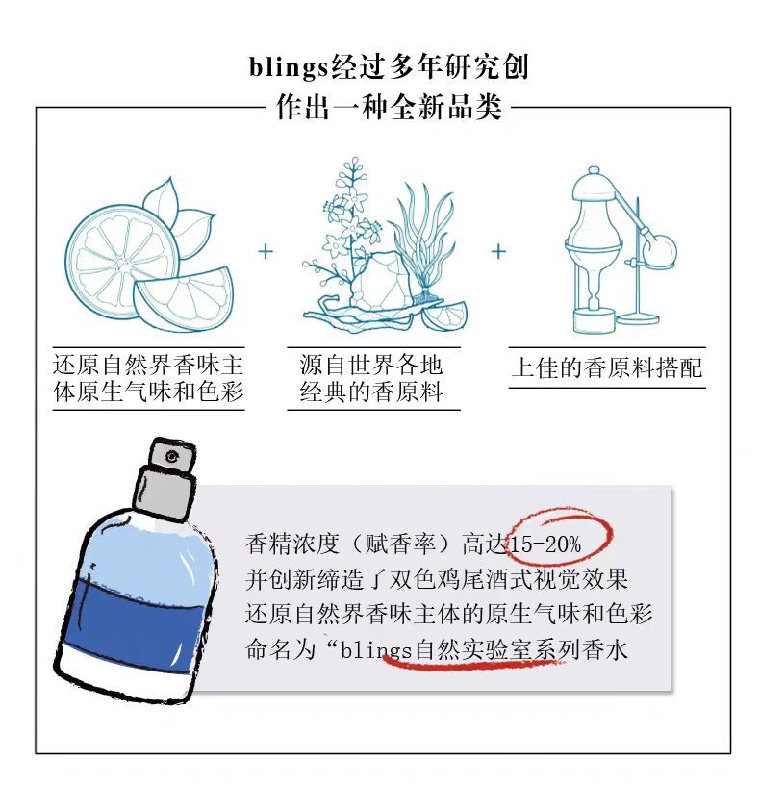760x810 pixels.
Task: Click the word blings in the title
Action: pyautogui.click(x=289, y=67)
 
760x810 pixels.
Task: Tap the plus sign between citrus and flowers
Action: pyautogui.click(x=266, y=252)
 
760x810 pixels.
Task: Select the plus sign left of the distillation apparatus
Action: pyautogui.click(x=498, y=252)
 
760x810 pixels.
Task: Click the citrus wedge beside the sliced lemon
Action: pyautogui.click(x=184, y=298)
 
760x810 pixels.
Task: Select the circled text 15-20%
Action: pyautogui.click(x=545, y=544)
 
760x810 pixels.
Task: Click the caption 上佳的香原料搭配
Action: pyautogui.click(x=607, y=367)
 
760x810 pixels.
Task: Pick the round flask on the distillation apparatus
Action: pyautogui.click(x=658, y=251)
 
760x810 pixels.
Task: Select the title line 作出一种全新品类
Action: pyautogui.click(x=389, y=108)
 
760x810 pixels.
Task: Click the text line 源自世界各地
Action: pyautogui.click(x=371, y=365)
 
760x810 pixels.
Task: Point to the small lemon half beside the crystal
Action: pyautogui.click(x=444, y=316)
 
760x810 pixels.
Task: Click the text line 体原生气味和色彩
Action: pyautogui.click(x=148, y=392)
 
